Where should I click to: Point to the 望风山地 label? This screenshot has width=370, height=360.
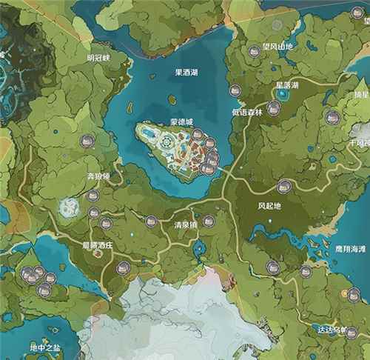pyautogui.click(x=278, y=46)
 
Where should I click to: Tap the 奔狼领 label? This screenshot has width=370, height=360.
pyautogui.click(x=98, y=176)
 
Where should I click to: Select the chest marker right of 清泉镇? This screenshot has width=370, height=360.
pyautogui.click(x=209, y=221)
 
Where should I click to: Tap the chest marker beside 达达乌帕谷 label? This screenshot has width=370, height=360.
pyautogui.click(x=351, y=333)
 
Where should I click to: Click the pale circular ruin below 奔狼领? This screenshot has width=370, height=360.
pyautogui.click(x=72, y=208)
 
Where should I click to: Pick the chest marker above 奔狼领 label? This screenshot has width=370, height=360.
pyautogui.click(x=87, y=140)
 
